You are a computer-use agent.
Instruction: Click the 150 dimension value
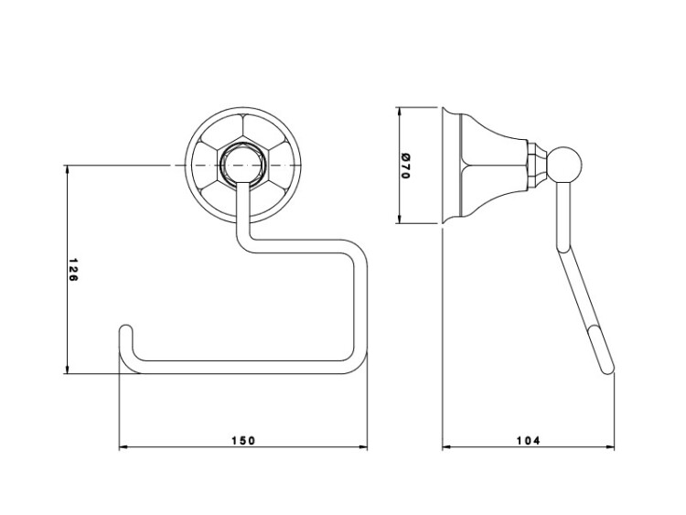point(242,440)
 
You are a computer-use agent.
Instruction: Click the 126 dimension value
point(73,270)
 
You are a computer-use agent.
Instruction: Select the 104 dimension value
point(529,440)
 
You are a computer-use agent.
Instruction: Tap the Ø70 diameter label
point(405,166)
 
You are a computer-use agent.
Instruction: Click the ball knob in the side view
point(565,164)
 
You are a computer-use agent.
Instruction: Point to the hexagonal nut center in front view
point(242,166)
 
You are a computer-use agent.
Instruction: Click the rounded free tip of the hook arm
point(125,329)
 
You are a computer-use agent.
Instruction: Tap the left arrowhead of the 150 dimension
point(123,447)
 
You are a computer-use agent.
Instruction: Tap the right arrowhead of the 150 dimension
point(363,447)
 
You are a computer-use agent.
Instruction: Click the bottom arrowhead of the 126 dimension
point(67,369)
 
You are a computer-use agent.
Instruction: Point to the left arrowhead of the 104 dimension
point(446,447)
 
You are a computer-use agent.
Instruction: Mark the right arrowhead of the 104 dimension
point(610,447)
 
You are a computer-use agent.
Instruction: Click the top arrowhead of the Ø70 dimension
point(399,111)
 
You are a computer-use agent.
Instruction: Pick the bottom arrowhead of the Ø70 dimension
point(399,219)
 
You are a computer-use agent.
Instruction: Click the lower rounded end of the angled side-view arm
point(608,369)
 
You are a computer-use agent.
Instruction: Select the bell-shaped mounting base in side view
point(485,166)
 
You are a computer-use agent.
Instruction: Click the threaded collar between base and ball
point(537,165)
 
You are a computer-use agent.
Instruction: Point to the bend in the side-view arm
point(563,248)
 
